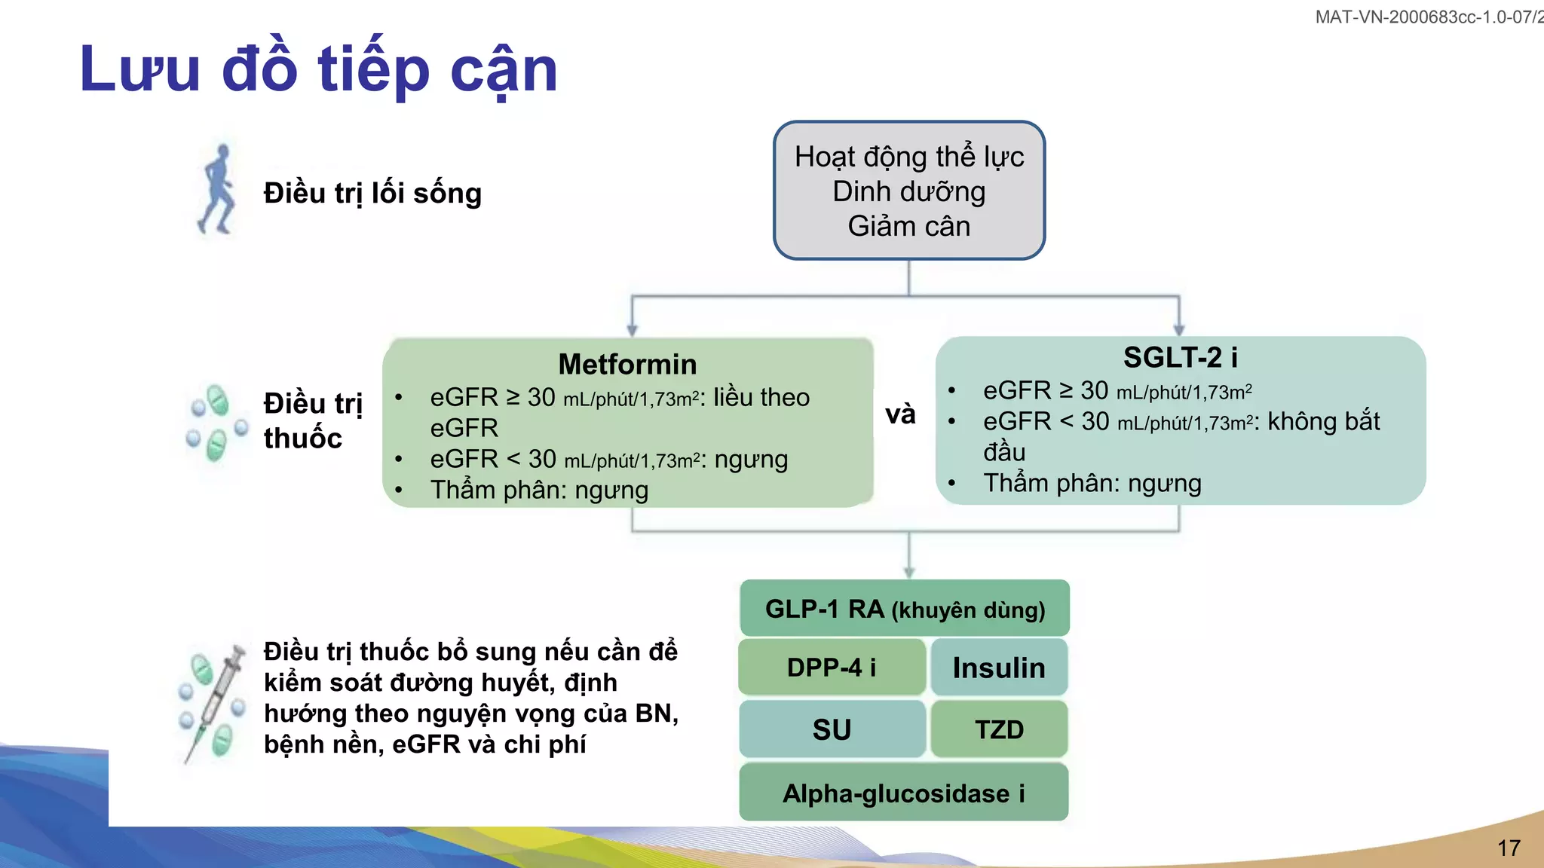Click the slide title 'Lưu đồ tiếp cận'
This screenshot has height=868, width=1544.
pos(318,69)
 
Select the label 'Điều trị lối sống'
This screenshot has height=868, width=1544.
pos(372,194)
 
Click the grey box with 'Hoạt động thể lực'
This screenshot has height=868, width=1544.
pos(908,191)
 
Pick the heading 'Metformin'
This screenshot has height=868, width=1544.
pos(627,365)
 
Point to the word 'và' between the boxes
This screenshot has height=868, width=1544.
pos(900,414)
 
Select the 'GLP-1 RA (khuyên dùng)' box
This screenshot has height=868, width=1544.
pos(905,609)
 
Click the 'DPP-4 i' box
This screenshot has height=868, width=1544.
pos(832,668)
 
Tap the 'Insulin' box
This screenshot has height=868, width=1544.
pos(999,668)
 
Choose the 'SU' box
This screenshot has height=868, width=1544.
pos(832,729)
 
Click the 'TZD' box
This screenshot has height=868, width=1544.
pos(999,729)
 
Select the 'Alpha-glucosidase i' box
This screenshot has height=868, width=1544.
pos(903,793)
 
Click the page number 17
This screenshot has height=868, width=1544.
pos(1509,848)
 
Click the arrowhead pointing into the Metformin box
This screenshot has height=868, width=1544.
pos(632,330)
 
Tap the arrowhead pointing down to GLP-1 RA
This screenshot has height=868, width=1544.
pos(908,572)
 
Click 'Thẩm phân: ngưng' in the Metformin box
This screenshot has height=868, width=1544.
pos(539,491)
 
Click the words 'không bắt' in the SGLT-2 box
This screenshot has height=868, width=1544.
pos(1323,422)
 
